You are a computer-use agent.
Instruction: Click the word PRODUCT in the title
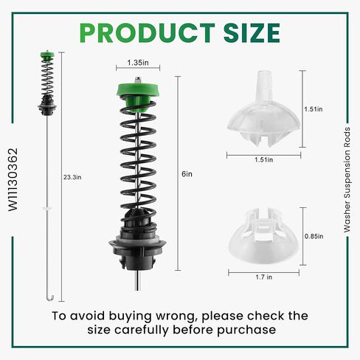tap(148, 33)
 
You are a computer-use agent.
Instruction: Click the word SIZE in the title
tap(252, 33)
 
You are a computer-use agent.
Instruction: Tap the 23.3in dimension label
tap(72, 177)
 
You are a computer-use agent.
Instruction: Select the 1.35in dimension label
tap(138, 63)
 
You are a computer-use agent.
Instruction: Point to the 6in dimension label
tap(187, 174)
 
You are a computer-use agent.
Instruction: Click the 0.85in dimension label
tap(314, 236)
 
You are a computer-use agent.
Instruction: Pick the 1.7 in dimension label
tap(264, 277)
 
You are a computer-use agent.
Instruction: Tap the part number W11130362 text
tap(13, 179)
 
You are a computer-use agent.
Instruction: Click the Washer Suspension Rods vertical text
tap(347, 180)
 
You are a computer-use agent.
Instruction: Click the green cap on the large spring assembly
tap(138, 93)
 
